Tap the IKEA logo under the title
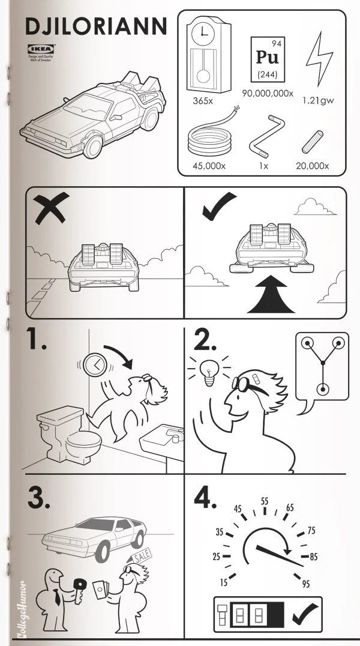click(x=41, y=49)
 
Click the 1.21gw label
click(x=318, y=100)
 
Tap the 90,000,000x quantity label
click(x=268, y=94)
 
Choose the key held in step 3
click(x=80, y=584)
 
